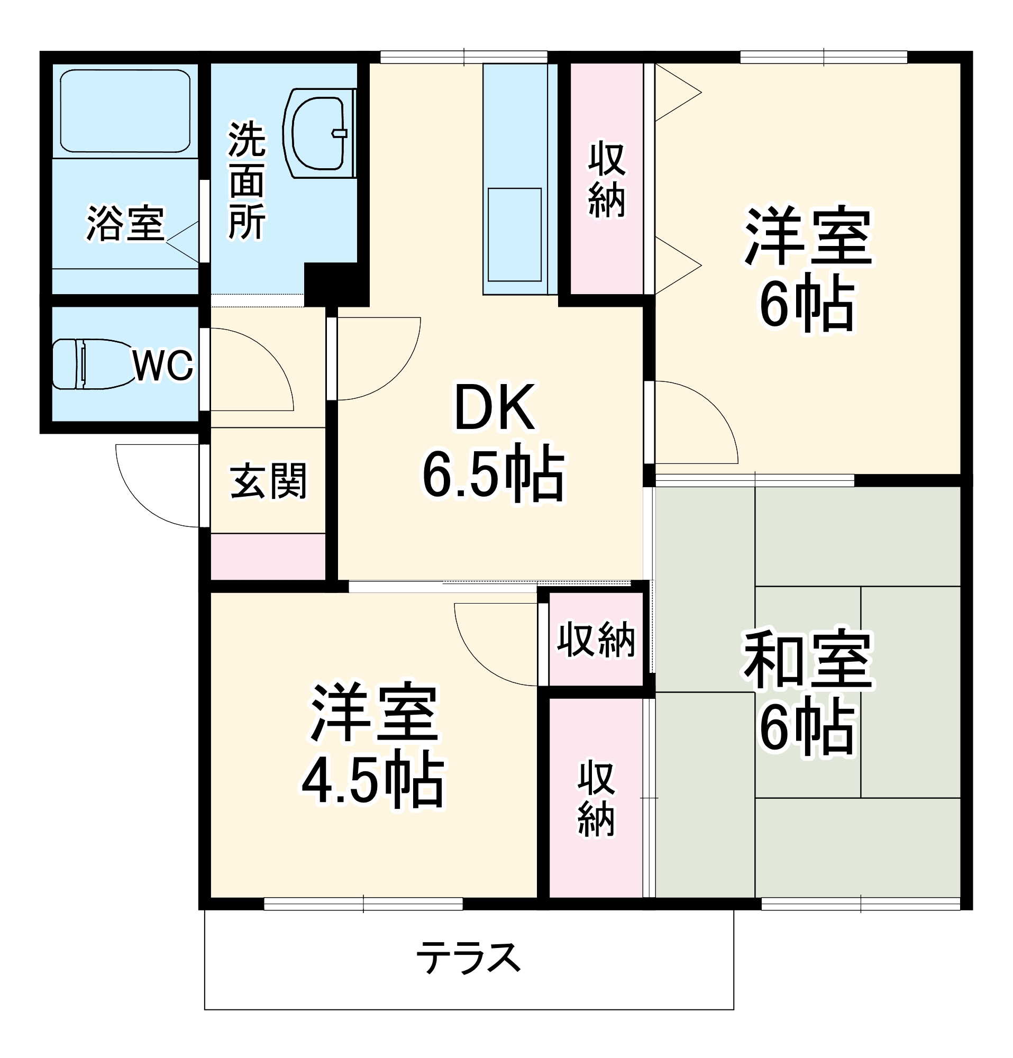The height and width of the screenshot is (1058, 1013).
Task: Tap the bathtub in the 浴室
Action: pos(125,111)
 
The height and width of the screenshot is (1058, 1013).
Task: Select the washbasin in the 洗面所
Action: pos(318,133)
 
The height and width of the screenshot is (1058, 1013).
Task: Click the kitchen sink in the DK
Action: pos(514,234)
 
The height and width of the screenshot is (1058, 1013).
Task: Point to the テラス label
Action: pos(468,957)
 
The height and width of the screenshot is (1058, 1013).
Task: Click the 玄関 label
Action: pos(268,480)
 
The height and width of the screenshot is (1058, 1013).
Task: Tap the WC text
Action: pos(162,366)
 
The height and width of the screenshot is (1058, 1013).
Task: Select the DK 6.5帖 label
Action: pos(494,443)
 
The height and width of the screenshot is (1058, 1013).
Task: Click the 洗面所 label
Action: pos(247,181)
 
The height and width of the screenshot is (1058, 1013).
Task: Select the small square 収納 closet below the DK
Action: pos(596,640)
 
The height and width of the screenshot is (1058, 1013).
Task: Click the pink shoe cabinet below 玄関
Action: pos(268,557)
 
